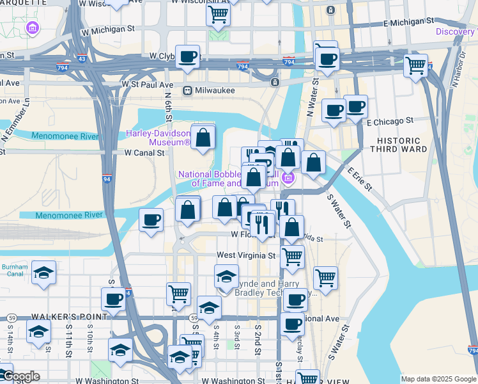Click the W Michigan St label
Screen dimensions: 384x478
(x=108, y=29)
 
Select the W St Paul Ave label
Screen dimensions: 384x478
(x=148, y=84)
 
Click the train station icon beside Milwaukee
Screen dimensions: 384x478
(x=188, y=90)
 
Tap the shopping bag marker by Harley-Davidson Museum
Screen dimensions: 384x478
(x=203, y=137)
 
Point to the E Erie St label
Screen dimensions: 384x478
(x=359, y=178)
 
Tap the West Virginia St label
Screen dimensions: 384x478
(x=246, y=255)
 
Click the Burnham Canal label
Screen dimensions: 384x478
(x=14, y=271)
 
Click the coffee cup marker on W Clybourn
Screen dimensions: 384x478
(x=187, y=56)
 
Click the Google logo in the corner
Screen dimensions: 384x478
(x=20, y=376)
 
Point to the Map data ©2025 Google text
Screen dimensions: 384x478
(x=438, y=379)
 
